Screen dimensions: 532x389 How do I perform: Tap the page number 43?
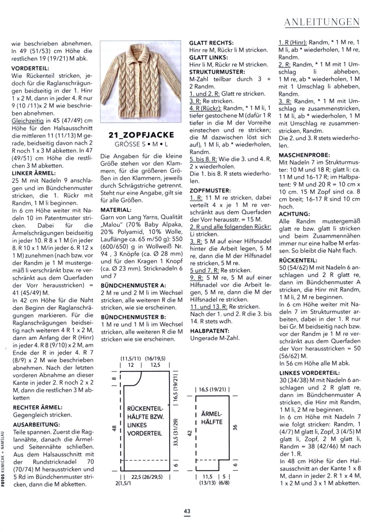point(187,511)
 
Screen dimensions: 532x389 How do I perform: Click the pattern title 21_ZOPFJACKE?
point(141,135)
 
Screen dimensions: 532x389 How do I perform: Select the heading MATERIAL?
point(116,210)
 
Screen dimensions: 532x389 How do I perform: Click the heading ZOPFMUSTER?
point(210,190)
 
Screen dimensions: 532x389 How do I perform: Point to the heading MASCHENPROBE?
point(304,155)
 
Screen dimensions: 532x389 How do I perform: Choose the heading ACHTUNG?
point(294,214)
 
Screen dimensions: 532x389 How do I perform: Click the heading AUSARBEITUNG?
point(36,425)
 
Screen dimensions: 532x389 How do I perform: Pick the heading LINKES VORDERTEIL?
point(310,373)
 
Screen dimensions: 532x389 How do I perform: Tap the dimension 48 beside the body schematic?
point(114,428)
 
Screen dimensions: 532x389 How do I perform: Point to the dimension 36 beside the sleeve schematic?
point(235,427)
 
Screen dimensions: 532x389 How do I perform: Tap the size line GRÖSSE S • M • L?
point(141,144)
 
